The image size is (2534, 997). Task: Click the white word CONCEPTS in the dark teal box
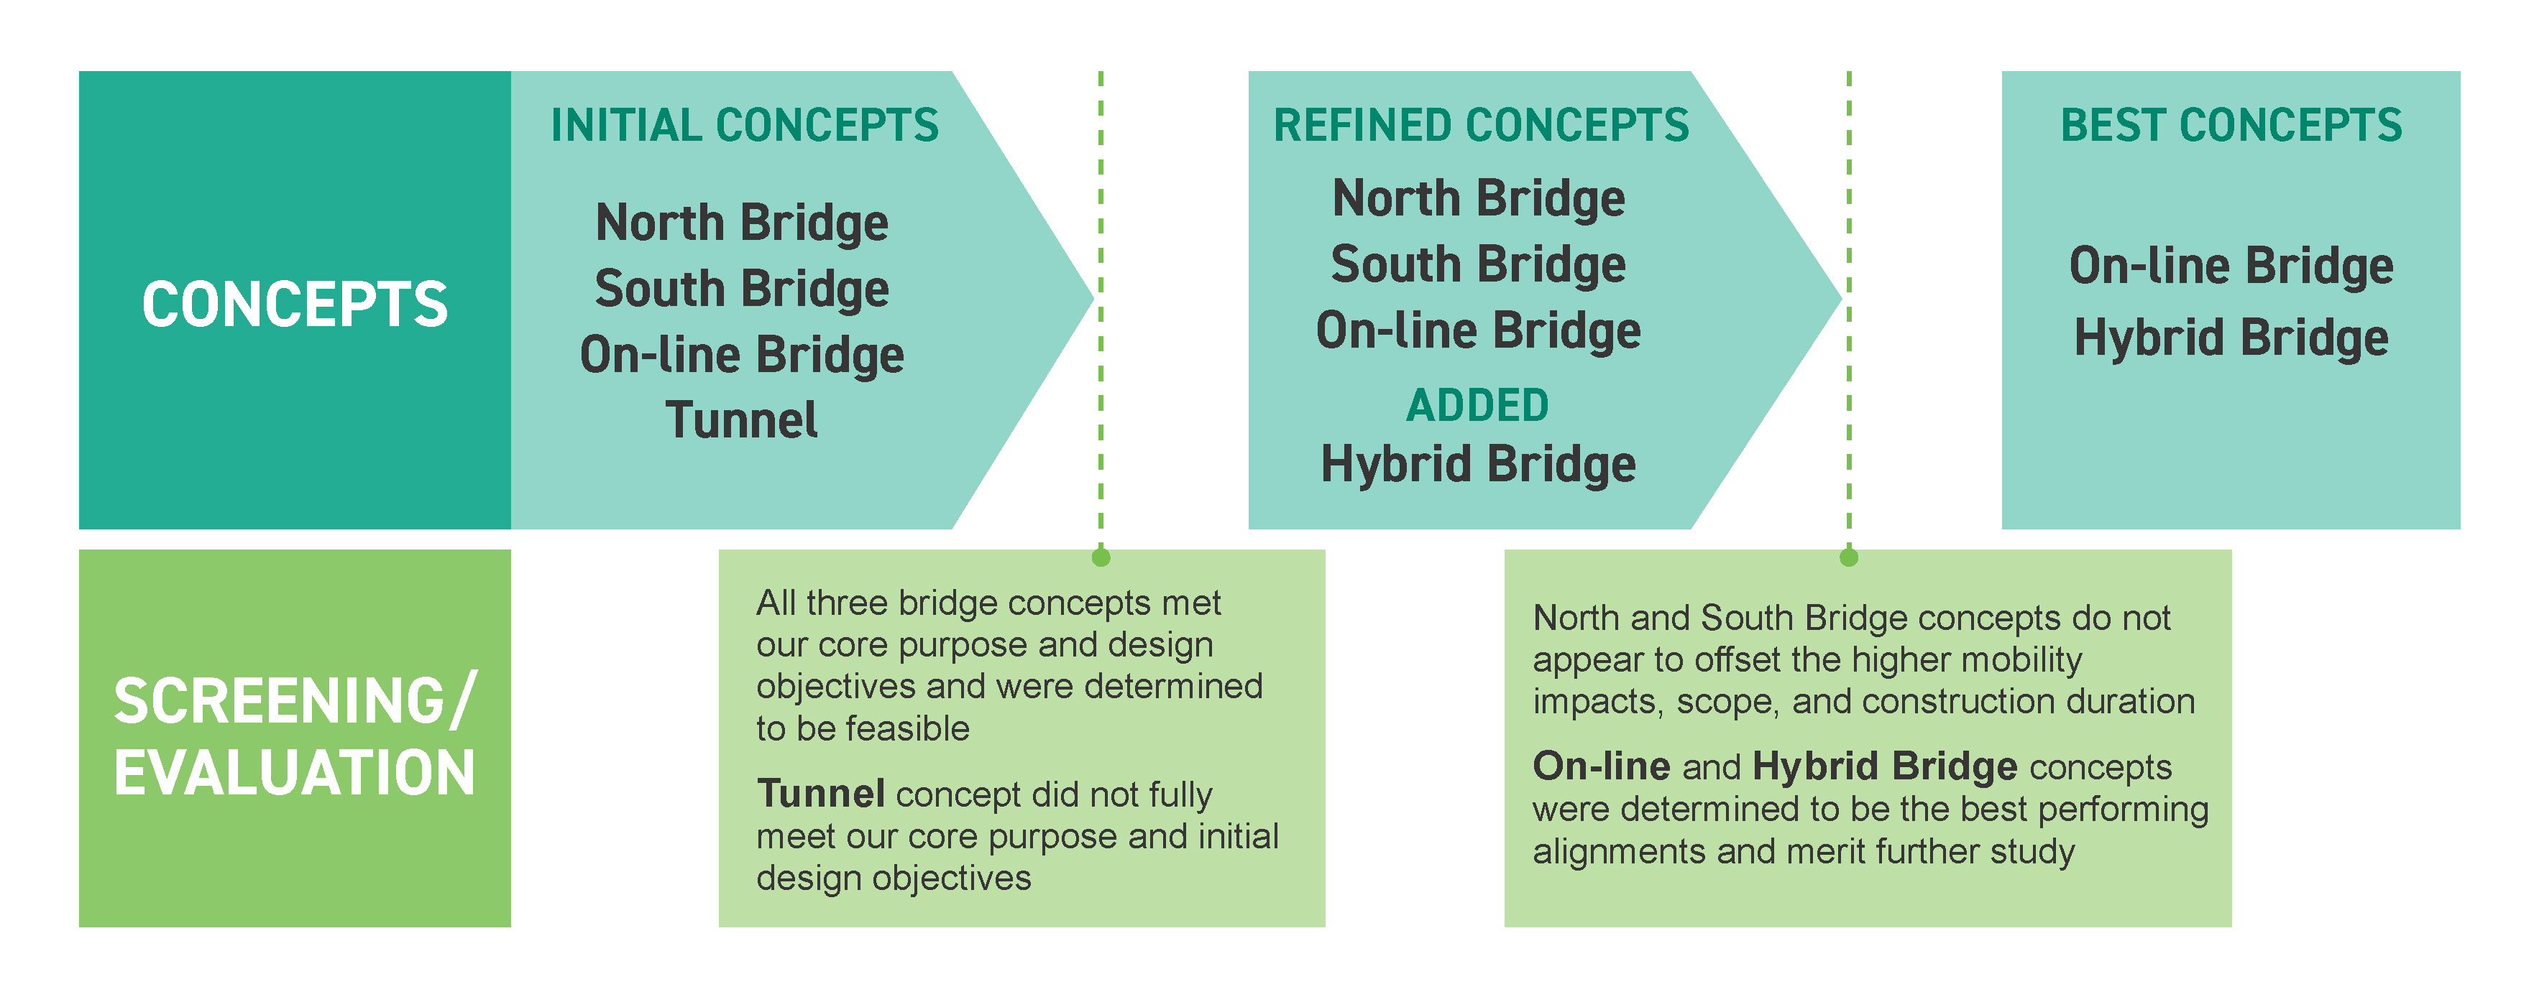click(x=295, y=304)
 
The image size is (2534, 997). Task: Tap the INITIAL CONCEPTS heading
click(x=745, y=126)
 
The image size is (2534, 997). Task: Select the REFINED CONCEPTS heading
click(x=1480, y=126)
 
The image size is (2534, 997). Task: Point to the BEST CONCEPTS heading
click(x=2231, y=126)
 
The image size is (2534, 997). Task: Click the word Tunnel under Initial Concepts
click(x=742, y=421)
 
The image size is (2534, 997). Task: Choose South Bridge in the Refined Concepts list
click(x=1479, y=264)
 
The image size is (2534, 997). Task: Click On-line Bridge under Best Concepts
click(x=2231, y=266)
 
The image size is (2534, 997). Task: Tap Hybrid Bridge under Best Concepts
click(x=2231, y=338)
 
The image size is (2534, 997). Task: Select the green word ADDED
click(x=1477, y=405)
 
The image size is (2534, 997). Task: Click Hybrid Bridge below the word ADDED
click(x=1477, y=464)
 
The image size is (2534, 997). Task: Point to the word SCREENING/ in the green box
click(x=295, y=701)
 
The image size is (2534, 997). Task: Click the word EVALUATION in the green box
click(x=295, y=773)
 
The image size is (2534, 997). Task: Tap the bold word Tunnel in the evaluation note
click(x=820, y=794)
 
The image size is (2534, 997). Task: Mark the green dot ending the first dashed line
click(x=1101, y=557)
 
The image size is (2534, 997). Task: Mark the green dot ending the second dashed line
click(x=1848, y=557)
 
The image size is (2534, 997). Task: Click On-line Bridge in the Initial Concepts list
click(x=742, y=355)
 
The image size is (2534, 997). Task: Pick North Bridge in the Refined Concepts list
click(x=1479, y=199)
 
